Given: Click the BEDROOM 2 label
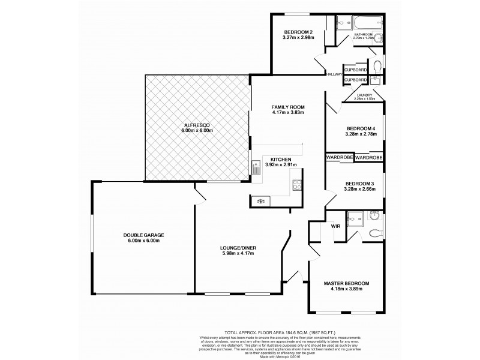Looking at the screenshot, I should pos(298,31).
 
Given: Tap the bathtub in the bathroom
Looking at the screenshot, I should pos(363,23).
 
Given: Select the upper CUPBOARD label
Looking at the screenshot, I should pos(356,70).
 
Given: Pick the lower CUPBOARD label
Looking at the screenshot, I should pos(356,80).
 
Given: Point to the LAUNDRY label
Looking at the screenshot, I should pos(364,95).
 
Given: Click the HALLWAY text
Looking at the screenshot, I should pos(334,74).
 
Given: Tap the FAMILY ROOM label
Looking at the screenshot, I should pos(288,106).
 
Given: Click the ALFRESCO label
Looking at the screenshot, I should pos(197,125).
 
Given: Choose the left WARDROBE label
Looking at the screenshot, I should pos(340,157).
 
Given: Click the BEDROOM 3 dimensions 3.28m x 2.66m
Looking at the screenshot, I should pos(360,189).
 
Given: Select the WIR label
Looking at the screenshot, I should pos(336,227).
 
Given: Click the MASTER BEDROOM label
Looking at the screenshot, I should pos(346,283).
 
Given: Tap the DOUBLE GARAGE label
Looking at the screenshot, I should pos(143,235).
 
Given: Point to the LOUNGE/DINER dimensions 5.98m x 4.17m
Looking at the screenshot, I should pos(239,254).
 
